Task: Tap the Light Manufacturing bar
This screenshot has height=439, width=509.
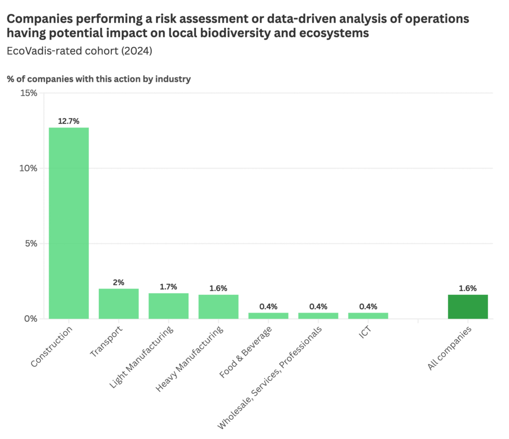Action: [169, 306]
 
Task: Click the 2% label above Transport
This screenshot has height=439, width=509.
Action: [118, 282]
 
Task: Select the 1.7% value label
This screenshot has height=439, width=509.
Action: [169, 286]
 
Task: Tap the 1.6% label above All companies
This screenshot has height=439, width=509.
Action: [467, 288]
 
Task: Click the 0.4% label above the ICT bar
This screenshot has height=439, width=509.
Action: [368, 306]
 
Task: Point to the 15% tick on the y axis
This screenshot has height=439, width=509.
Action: [29, 93]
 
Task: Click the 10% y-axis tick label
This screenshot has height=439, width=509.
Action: [29, 168]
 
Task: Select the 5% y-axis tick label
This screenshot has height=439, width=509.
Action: [31, 244]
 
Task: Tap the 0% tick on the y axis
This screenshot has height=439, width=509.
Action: [31, 319]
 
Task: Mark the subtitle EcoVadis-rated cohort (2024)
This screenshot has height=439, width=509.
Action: [79, 51]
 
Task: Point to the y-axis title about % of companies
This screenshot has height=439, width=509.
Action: [99, 79]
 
